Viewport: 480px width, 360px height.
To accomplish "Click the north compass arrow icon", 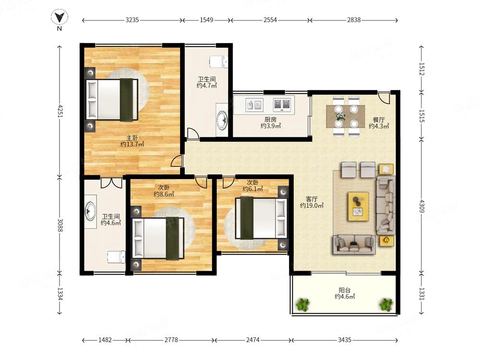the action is coord(60,17).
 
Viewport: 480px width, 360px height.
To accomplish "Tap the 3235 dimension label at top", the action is coord(132,20).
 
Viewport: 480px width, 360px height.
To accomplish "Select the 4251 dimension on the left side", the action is coord(60,111).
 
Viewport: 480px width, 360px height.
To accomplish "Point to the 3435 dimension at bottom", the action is coord(344,340).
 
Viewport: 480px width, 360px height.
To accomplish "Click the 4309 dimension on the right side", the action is coord(422,206).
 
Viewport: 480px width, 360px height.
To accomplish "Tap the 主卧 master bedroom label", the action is coord(132,138).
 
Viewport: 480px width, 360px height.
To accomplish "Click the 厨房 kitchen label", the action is coord(270,120).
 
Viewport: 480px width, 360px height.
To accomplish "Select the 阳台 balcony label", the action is coord(344,290).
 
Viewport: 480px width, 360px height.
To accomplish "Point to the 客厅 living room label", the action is coord(312,199).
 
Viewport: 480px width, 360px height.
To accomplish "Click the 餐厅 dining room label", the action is coord(378,120).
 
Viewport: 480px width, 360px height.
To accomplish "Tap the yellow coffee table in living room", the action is coord(358,206).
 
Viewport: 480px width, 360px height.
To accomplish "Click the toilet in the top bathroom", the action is coord(218,61).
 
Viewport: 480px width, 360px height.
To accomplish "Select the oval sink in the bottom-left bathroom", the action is coord(91,211).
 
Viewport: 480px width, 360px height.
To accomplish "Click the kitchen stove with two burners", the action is coord(282,104).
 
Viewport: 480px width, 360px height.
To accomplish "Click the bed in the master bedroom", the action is coord(112,99).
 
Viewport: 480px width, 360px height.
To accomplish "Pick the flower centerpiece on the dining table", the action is coord(340,116).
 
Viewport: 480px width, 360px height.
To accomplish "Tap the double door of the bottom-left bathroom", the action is coord(111,183).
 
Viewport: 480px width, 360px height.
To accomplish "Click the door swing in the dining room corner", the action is coord(384,97).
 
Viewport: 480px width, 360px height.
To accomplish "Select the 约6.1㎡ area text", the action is coord(252,189).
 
